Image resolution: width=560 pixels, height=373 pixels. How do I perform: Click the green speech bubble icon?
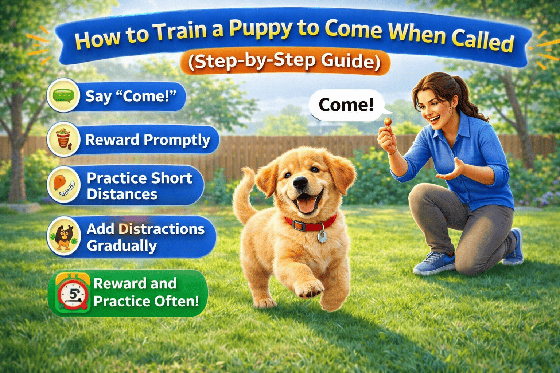click(x=63, y=95)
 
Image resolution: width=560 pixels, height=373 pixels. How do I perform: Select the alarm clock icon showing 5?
click(x=73, y=293)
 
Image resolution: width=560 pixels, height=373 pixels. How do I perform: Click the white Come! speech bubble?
click(x=346, y=105)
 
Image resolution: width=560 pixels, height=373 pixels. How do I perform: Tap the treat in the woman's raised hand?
click(x=388, y=122)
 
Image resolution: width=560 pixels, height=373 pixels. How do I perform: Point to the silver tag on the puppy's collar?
click(x=322, y=237)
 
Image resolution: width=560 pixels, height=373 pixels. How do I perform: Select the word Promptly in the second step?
click(x=177, y=140)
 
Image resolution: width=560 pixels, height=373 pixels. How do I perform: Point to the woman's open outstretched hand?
click(x=452, y=171)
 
